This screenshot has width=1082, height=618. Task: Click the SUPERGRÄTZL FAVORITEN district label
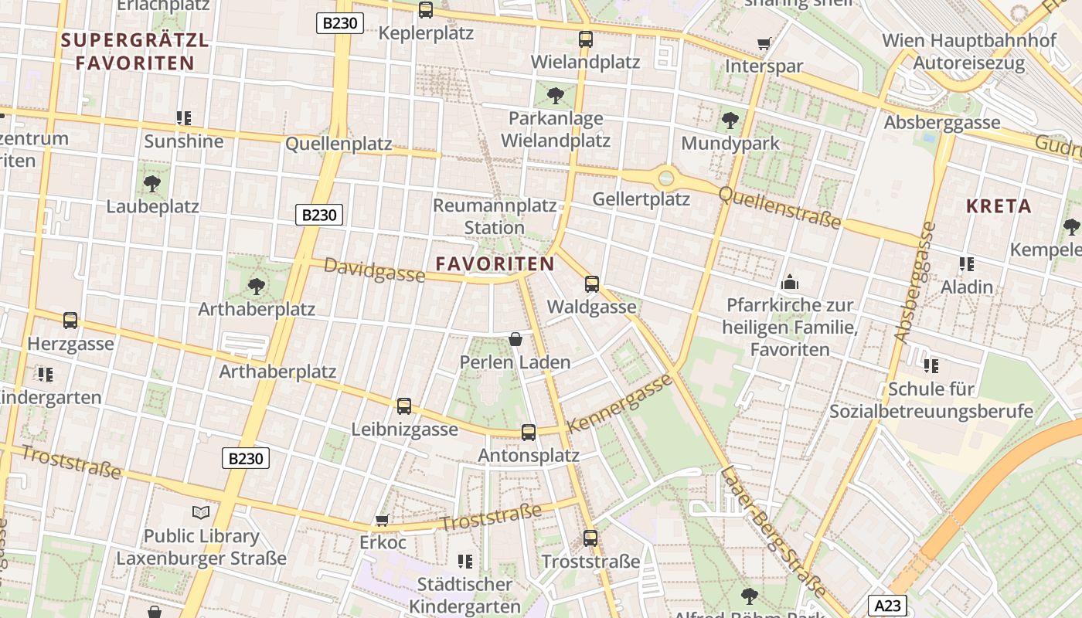(x=135, y=52)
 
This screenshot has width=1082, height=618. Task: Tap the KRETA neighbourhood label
(x=999, y=206)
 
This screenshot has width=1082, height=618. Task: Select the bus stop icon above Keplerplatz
(x=426, y=10)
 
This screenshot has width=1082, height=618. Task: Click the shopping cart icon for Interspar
(x=764, y=43)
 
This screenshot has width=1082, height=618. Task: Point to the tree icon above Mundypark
(x=730, y=120)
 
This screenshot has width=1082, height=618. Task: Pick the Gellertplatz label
(x=641, y=199)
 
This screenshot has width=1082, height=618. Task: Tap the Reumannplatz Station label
(x=495, y=217)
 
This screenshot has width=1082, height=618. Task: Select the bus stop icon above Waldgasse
(x=592, y=284)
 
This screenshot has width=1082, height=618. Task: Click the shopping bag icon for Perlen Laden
(x=515, y=339)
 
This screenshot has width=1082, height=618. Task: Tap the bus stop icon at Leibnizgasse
(x=404, y=406)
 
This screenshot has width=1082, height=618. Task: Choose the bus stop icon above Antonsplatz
(x=529, y=433)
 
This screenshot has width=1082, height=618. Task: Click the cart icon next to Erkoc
(x=382, y=520)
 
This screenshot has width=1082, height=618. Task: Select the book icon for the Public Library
(x=201, y=512)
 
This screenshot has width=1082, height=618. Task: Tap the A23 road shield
(x=886, y=606)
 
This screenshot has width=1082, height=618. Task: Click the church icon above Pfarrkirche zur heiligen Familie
(x=790, y=282)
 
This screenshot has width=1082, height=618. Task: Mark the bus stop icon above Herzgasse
(x=70, y=320)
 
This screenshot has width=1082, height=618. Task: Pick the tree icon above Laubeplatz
(x=152, y=183)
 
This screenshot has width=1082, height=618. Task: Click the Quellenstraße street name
(x=779, y=207)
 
